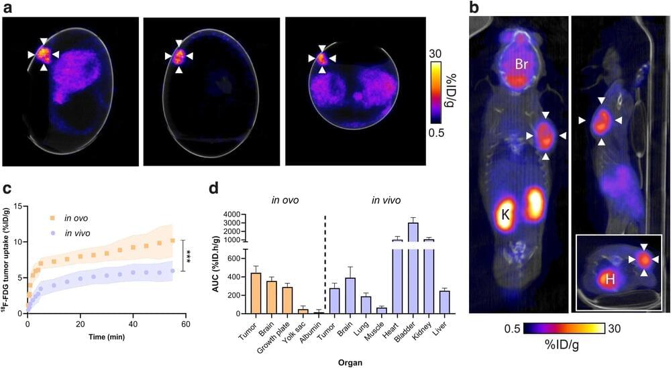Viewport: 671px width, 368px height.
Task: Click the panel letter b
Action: (474, 8)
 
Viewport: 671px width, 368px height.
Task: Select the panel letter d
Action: (213, 190)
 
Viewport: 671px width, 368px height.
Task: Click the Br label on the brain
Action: (523, 64)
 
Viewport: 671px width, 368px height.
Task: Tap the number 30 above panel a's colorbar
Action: (435, 53)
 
